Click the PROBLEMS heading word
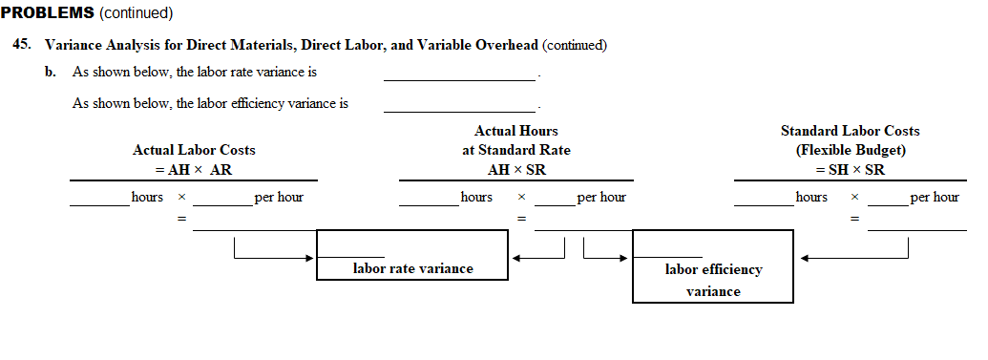[x=47, y=12]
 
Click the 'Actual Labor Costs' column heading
[x=194, y=150]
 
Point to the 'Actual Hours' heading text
[x=515, y=131]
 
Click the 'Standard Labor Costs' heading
[x=850, y=131]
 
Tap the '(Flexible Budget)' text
[x=850, y=150]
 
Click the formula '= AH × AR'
[x=194, y=169]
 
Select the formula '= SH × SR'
[x=850, y=169]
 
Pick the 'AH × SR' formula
[x=516, y=169]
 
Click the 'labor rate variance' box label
[x=412, y=268]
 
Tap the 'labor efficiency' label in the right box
[x=713, y=269]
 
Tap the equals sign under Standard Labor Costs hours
[x=855, y=220]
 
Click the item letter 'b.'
[x=51, y=72]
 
